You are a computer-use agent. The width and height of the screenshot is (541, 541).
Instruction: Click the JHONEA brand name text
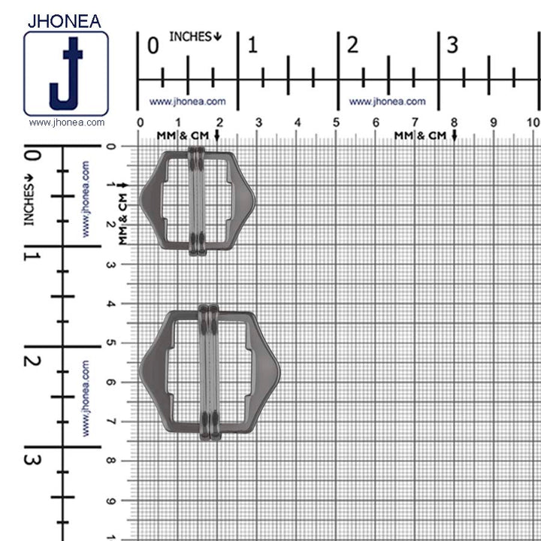[x=65, y=20]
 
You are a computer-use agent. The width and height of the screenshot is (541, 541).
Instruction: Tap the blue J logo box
[x=66, y=74]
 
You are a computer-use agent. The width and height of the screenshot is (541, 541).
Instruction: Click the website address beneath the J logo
[x=66, y=122]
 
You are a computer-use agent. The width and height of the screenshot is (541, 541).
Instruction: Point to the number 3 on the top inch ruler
[x=452, y=45]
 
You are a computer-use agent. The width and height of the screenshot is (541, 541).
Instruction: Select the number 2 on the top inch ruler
[x=352, y=45]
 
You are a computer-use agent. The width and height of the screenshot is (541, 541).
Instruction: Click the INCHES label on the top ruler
[x=195, y=36]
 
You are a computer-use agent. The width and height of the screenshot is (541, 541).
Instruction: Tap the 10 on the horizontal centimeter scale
[x=533, y=122]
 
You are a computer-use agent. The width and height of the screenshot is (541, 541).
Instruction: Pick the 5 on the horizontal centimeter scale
[x=336, y=122]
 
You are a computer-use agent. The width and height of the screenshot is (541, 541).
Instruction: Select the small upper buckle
[x=197, y=201]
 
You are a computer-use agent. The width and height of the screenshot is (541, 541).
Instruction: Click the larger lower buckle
[x=209, y=371]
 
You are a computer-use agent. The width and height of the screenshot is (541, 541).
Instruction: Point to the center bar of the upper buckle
[x=196, y=201]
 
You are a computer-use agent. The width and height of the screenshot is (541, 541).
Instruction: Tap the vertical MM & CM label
[x=122, y=217]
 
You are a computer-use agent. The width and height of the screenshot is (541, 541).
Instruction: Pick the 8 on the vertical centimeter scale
[x=111, y=461]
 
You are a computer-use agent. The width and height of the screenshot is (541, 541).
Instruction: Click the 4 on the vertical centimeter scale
[x=111, y=304]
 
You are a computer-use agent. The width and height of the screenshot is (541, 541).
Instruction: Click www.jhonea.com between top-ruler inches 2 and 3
[x=387, y=101]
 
